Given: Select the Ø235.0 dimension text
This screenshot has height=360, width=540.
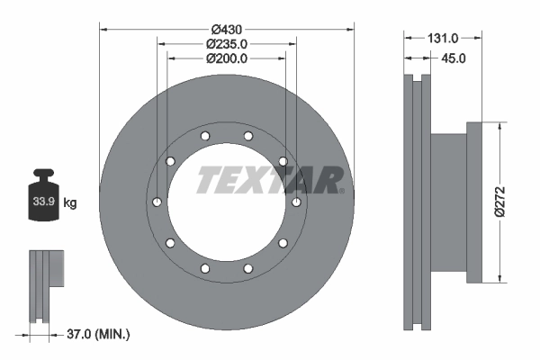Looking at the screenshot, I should tap(227, 43).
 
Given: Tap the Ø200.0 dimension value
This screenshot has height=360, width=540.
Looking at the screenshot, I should tap(227, 58).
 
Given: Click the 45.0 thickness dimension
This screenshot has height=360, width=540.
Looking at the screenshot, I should tap(451, 58).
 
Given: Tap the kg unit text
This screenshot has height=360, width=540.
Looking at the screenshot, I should tap(70, 203).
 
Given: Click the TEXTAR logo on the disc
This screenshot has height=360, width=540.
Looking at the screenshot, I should tap(268, 180).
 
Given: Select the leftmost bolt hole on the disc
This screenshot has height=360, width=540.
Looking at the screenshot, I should tap(157, 202).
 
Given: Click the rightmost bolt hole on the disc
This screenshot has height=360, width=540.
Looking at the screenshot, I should tap(296, 202).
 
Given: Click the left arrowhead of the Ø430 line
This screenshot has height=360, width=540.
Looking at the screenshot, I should tap(103, 29).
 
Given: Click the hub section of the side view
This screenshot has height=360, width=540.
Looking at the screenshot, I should tap(450, 202).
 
